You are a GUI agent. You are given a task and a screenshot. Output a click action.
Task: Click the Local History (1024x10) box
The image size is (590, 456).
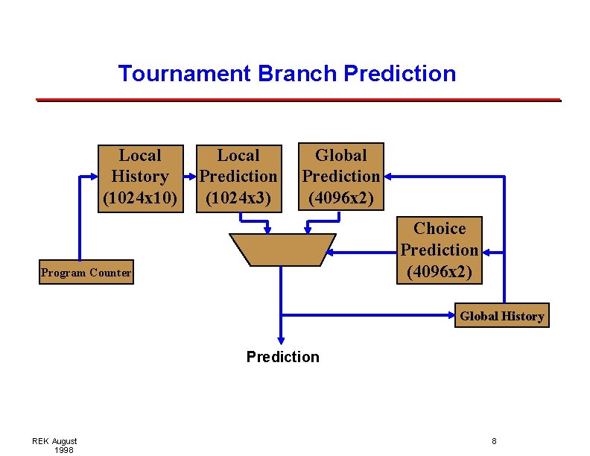coord(140,177)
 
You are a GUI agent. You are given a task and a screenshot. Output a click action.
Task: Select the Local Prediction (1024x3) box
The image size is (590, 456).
coord(238,178)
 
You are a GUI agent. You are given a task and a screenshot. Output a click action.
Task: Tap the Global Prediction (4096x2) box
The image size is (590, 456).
coord(341,177)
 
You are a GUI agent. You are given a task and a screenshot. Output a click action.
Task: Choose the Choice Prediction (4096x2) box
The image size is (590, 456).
coord(440,250)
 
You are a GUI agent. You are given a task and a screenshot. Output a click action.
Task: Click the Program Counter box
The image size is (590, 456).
coord(86,273)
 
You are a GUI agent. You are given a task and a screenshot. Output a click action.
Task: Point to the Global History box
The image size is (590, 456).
coord(502,316)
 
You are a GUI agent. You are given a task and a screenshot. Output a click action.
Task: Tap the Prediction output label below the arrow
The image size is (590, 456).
coord(282,357)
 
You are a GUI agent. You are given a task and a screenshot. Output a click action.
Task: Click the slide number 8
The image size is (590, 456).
coord(494,441)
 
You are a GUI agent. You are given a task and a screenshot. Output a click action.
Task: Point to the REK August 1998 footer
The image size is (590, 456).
coord(54,446)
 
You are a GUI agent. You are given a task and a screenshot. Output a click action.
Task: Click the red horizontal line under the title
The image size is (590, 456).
coord(298,99)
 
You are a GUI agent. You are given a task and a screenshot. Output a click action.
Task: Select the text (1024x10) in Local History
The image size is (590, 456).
coord(140,198)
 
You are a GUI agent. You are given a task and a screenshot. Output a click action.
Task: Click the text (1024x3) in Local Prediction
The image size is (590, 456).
coord(238,198)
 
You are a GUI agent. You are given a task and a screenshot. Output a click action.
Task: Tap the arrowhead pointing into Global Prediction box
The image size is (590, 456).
coord(390,177)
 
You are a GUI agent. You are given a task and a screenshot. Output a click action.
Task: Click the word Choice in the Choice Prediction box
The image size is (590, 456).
coord(440,229)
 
